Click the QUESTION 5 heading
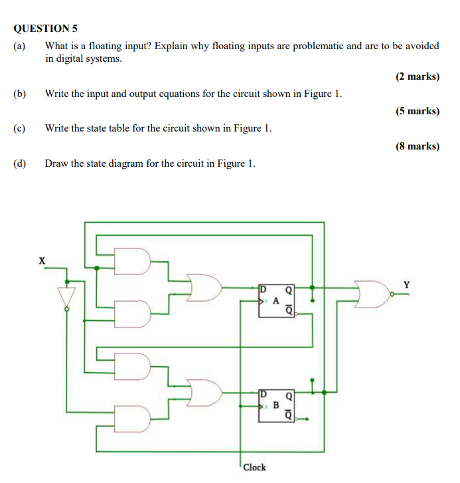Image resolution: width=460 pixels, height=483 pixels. [46, 29]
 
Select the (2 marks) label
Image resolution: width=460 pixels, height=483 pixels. [417, 76]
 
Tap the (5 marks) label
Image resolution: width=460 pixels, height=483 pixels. [417, 111]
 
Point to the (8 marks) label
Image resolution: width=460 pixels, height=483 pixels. [417, 146]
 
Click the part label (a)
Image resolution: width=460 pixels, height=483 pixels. [19, 46]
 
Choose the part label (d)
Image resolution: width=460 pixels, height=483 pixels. [19, 163]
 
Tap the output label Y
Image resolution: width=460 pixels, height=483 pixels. [407, 285]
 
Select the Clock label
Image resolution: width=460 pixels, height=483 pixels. [254, 467]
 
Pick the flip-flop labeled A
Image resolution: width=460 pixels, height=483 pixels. [275, 301]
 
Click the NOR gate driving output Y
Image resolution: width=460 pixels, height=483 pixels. [374, 294]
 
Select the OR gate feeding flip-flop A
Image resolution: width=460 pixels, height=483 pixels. [204, 288]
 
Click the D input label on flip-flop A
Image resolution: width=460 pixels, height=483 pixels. [263, 289]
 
